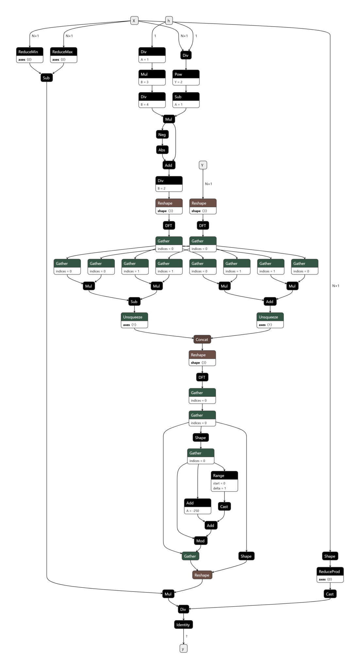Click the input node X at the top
[x=134, y=21]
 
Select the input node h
[x=169, y=21]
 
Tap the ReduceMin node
[x=30, y=55]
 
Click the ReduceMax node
[x=64, y=55]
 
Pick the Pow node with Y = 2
[x=186, y=77]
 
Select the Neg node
[x=162, y=134]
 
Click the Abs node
[x=162, y=150]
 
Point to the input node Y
[x=203, y=165]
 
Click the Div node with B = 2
[x=169, y=184]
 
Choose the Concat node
[x=202, y=339]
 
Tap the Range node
[x=224, y=481]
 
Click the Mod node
[x=201, y=541]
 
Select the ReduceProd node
[x=330, y=575]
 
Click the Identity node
[x=183, y=625]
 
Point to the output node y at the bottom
[x=183, y=648]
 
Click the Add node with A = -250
[x=198, y=506]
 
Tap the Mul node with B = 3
[x=152, y=77]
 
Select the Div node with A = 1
[x=152, y=55]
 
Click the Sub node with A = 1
[x=186, y=100]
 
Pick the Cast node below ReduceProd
[x=330, y=594]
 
